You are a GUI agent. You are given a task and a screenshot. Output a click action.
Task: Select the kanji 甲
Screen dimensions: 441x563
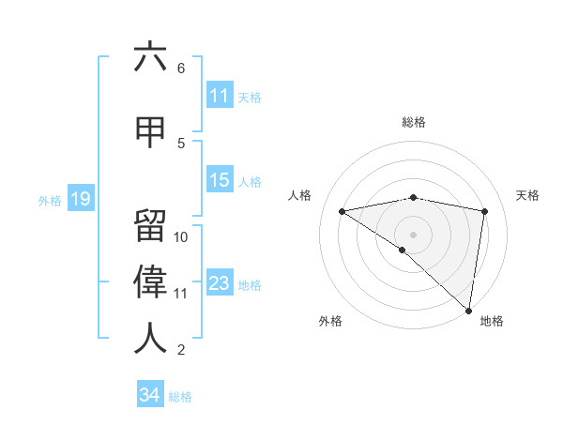pos(150,131)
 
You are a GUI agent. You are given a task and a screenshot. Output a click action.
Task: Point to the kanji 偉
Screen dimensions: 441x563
pos(150,281)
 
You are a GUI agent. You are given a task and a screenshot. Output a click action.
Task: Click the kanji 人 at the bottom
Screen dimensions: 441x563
pos(150,338)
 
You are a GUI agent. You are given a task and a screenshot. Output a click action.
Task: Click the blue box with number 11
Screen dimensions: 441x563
pos(220,95)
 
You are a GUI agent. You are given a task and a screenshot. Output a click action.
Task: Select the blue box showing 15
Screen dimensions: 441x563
pos(220,180)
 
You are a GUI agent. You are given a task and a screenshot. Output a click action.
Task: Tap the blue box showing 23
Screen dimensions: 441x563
pos(220,283)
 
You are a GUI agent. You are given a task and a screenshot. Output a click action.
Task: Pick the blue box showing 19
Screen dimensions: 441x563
pos(81,198)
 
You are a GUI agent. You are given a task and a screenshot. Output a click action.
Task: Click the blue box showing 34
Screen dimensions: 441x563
pos(149,395)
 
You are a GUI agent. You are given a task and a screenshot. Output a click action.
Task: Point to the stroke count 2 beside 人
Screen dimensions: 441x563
pos(181,350)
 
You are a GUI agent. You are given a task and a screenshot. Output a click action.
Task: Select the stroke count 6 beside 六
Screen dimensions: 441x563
pos(181,68)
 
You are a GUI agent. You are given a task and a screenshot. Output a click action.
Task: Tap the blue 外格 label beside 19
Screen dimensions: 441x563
pos(50,200)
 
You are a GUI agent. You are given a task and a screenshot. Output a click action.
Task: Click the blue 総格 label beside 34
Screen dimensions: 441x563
pos(180,397)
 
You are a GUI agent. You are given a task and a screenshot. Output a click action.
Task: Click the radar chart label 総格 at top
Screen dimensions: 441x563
pos(414,122)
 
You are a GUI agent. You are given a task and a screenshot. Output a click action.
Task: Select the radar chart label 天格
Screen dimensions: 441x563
pos(528,195)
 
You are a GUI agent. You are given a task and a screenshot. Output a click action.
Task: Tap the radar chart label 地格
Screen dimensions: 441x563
pos(492,321)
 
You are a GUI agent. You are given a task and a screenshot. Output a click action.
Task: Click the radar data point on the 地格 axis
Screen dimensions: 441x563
pos(468,310)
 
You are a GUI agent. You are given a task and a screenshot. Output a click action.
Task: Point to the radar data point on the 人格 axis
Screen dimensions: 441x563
pos(342,211)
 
